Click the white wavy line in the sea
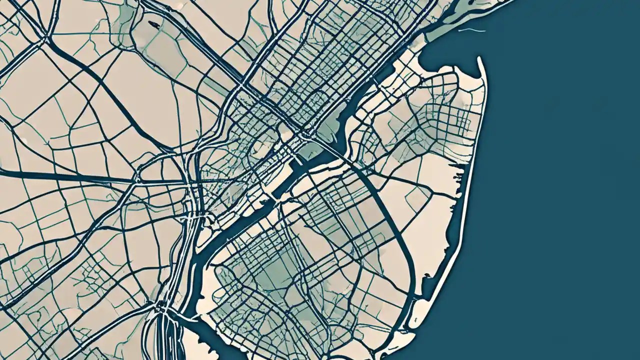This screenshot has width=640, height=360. point(471,30)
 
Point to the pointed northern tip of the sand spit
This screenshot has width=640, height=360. point(479,59)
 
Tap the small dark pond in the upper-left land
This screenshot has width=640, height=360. point(154,24)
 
